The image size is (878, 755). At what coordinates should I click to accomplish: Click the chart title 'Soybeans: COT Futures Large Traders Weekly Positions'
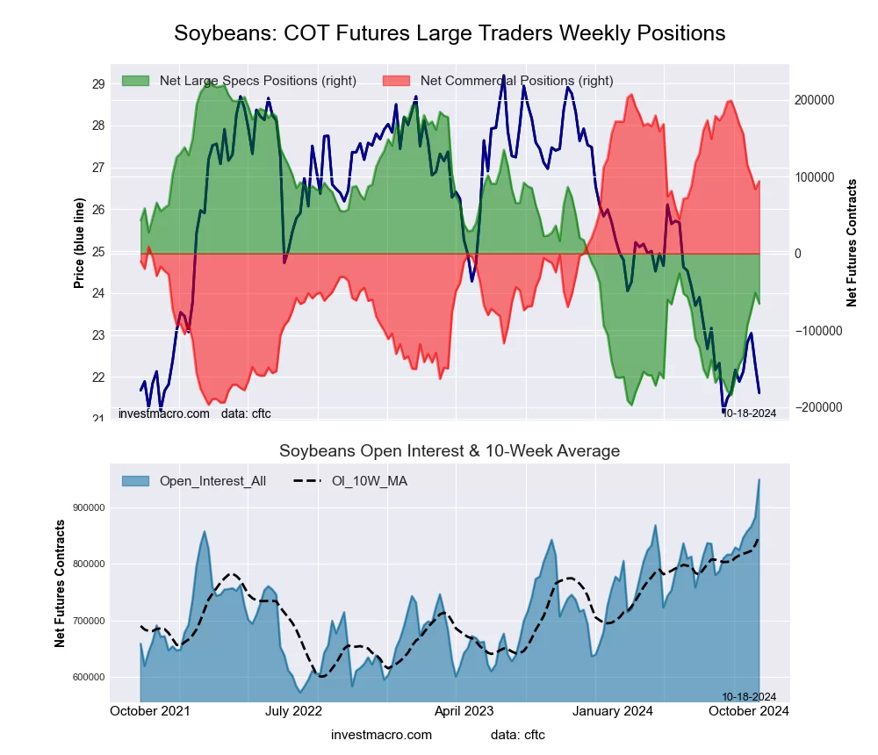click(x=450, y=33)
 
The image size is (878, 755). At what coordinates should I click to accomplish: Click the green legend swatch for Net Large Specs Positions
click(x=135, y=81)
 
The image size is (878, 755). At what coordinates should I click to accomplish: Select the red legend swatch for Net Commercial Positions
click(x=397, y=81)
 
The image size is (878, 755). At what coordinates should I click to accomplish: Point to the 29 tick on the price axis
click(x=98, y=84)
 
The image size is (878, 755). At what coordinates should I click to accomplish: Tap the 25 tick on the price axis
click(x=98, y=252)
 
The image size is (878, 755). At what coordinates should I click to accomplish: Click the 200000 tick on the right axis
click(x=815, y=100)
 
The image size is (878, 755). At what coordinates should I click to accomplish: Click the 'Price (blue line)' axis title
click(x=79, y=244)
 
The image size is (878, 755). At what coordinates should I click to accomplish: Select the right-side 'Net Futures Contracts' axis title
click(x=852, y=243)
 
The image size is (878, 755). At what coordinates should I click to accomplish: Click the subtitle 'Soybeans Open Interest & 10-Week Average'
click(x=450, y=451)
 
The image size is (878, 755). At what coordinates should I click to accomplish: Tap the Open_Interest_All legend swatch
click(x=135, y=481)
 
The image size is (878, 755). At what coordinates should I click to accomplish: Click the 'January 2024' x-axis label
click(x=624, y=711)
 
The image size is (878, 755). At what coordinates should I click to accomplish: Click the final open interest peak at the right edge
click(x=759, y=480)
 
